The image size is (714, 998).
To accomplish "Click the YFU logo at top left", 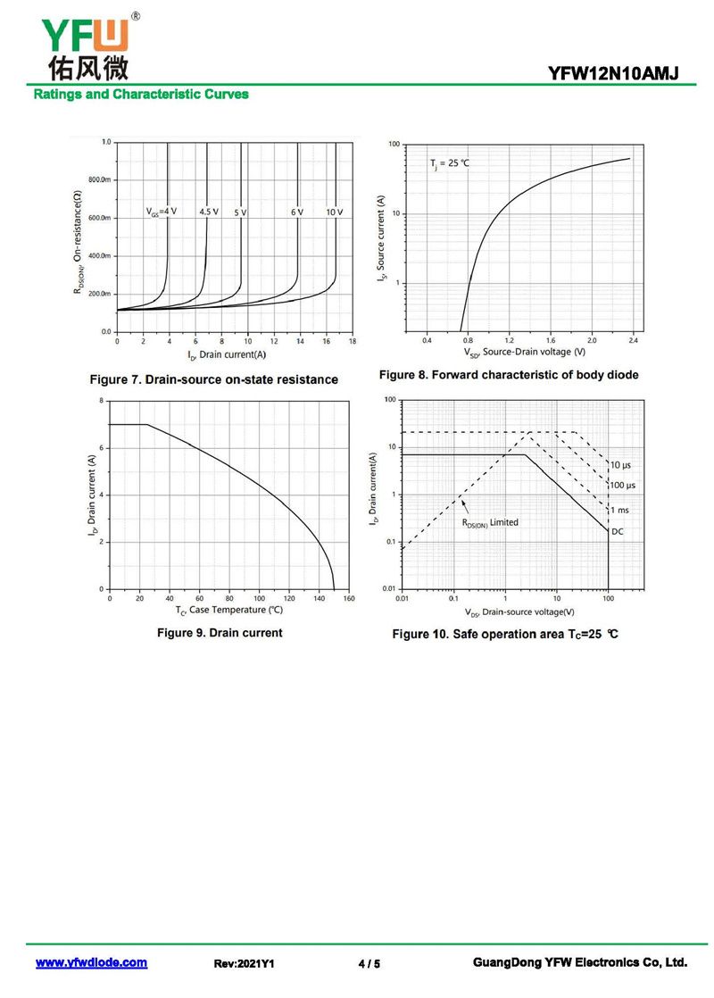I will click(85, 45).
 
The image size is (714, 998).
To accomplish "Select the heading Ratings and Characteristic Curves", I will click(141, 94).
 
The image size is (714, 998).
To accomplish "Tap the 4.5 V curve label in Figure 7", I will click(209, 212).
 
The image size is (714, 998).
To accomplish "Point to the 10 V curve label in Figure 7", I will click(334, 212).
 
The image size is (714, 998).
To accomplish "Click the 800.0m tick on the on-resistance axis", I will click(98, 180).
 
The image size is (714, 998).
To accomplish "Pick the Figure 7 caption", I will click(214, 379).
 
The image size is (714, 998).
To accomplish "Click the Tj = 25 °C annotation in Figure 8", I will click(450, 163).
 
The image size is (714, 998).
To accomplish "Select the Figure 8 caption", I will click(509, 375).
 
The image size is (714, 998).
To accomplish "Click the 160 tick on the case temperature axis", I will click(349, 598).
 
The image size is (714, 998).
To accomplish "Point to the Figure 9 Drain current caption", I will click(220, 633).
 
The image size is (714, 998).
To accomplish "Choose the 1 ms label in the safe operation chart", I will click(619, 510).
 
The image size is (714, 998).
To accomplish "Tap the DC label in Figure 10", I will click(617, 531).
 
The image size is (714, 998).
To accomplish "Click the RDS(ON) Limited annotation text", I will click(490, 522).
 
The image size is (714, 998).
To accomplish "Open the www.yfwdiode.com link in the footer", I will click(91, 963).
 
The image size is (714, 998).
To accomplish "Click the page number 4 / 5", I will click(369, 964).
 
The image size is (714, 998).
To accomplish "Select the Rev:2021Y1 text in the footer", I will click(245, 964).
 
